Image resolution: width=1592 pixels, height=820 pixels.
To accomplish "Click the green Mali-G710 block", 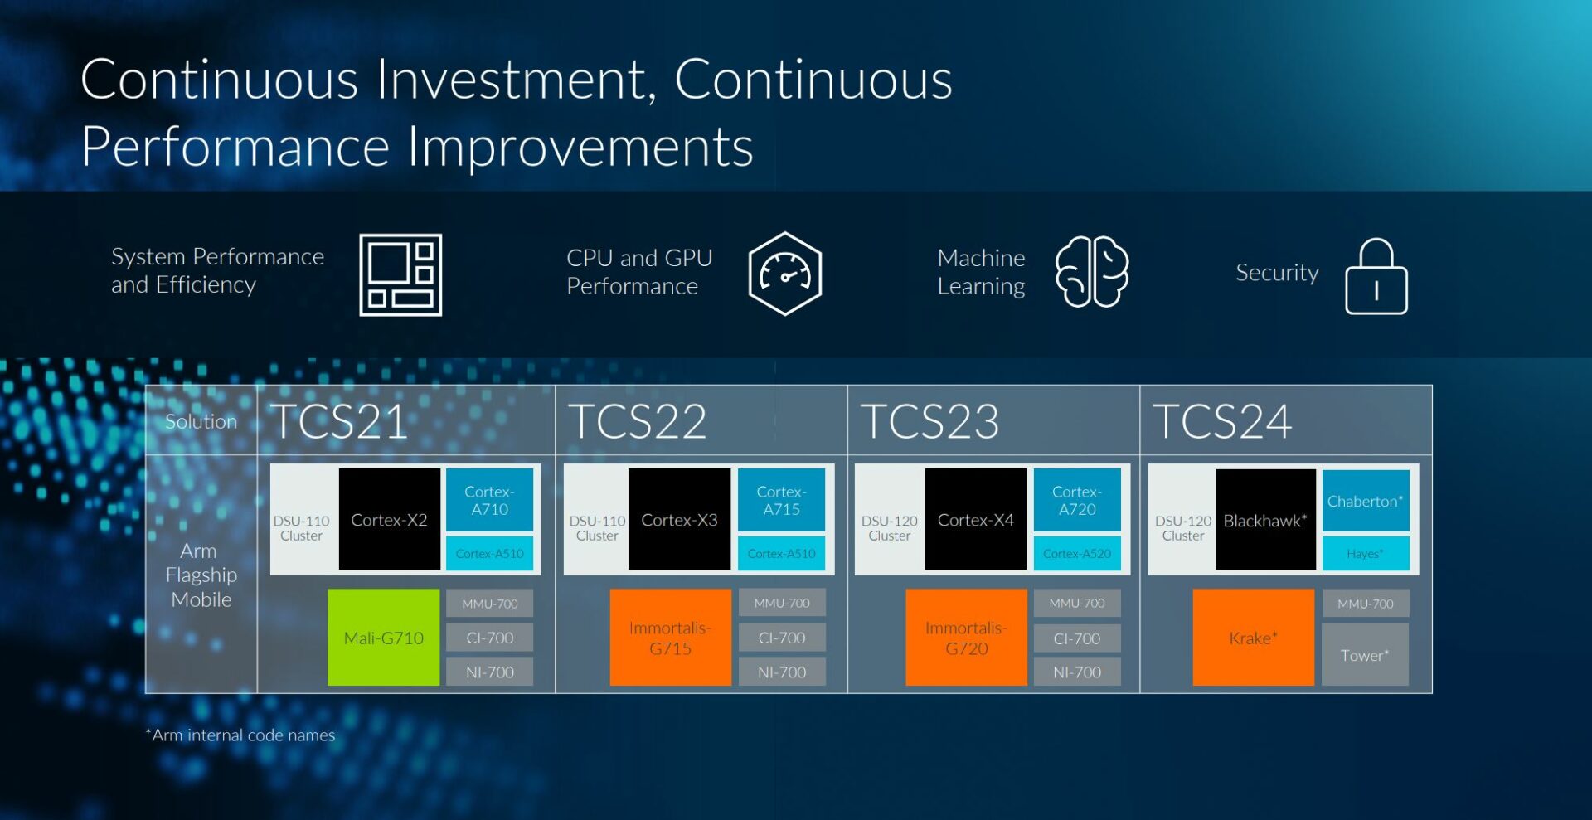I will click(383, 637).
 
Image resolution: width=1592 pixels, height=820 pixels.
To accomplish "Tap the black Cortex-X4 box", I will click(975, 519).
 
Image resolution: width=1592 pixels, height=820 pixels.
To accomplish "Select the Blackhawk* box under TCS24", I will click(1265, 520).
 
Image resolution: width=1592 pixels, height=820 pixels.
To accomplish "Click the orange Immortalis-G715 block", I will click(670, 637).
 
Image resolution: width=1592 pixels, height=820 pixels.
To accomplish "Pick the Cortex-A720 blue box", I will click(1076, 500).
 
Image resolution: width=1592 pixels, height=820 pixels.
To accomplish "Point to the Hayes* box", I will click(1365, 553).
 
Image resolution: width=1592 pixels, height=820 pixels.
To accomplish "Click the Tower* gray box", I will click(1365, 654).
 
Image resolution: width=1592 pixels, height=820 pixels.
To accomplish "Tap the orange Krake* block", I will click(1253, 637).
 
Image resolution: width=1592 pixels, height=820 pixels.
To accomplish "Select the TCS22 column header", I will click(638, 421).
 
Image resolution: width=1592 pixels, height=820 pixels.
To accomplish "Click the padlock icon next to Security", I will click(1376, 277).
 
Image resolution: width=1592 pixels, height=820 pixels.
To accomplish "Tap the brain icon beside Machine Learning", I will click(1091, 272).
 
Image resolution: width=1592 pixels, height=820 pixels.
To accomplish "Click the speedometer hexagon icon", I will click(784, 274).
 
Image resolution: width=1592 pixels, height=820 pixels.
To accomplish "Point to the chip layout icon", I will click(400, 274).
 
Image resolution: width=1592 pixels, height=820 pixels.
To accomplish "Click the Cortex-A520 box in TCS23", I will click(1076, 553).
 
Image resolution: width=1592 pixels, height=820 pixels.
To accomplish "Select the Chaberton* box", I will click(1365, 501).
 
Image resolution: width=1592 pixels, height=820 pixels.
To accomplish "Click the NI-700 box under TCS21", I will click(489, 672).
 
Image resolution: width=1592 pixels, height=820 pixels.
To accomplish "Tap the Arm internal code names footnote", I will click(240, 735).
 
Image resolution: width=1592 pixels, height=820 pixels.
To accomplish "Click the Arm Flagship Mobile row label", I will click(201, 575).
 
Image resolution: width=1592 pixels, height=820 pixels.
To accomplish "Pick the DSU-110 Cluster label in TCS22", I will click(597, 528).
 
